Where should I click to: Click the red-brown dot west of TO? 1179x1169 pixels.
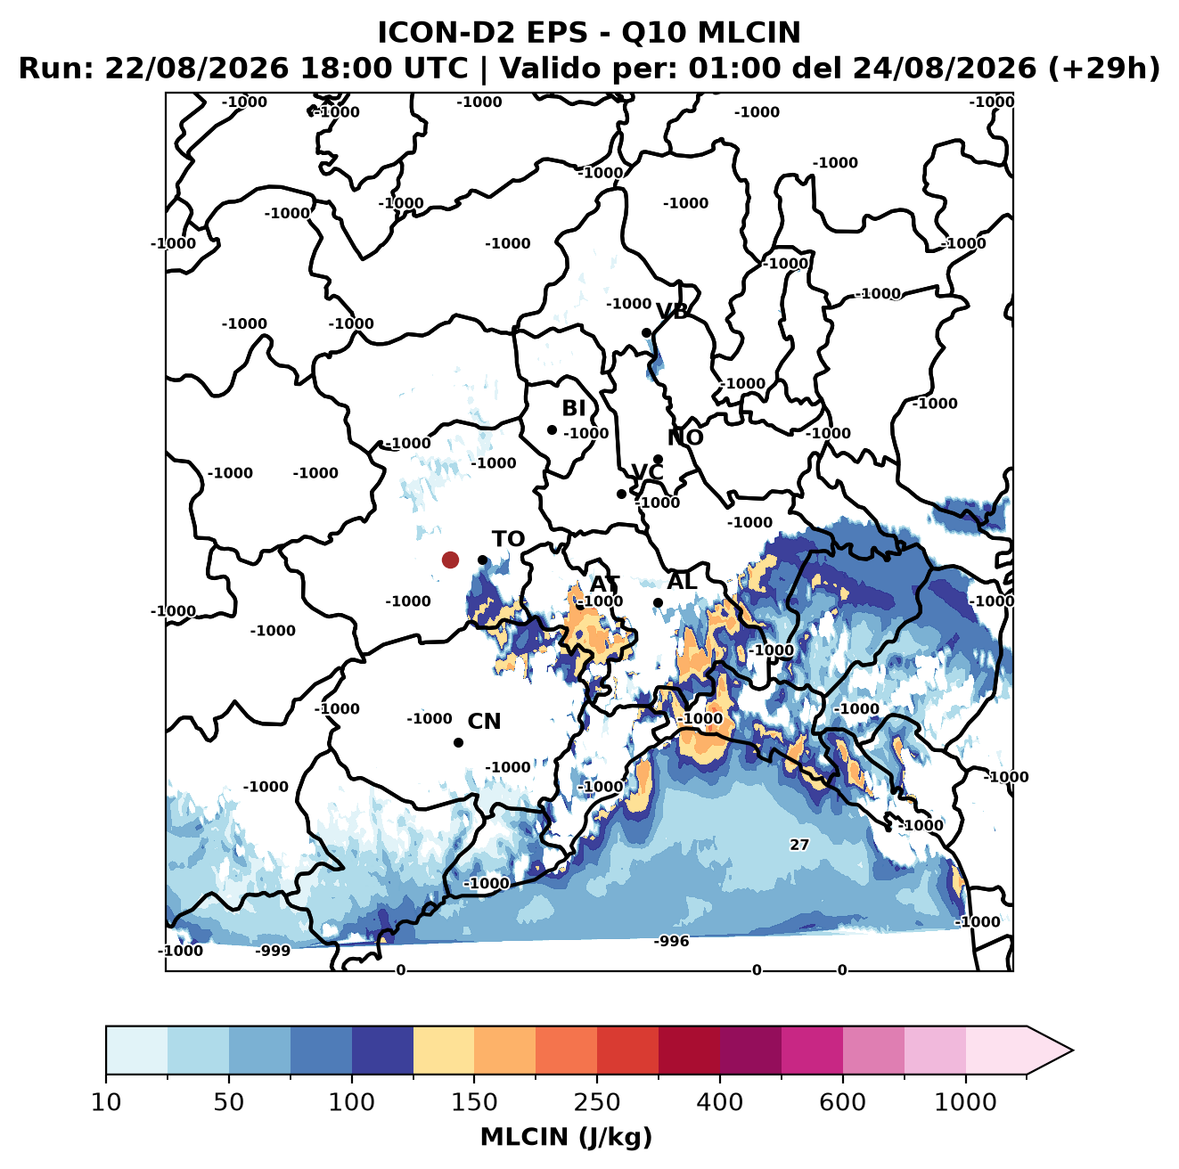(450, 560)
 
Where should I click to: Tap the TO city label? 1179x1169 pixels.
(509, 539)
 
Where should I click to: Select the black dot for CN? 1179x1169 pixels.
(458, 742)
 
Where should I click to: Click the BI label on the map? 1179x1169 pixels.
(573, 408)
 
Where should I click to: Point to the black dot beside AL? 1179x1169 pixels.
(658, 602)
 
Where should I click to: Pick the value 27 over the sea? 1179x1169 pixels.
(799, 845)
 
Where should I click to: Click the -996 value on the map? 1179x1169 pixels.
(671, 941)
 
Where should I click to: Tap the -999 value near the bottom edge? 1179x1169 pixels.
(273, 951)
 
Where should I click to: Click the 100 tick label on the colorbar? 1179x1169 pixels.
(352, 1102)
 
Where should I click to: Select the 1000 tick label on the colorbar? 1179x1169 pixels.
(965, 1102)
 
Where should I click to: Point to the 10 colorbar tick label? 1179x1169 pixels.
(106, 1102)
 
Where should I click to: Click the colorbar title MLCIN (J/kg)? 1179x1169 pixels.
(566, 1138)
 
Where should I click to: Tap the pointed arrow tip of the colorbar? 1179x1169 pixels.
(1072, 1050)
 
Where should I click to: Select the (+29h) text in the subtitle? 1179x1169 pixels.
(1104, 68)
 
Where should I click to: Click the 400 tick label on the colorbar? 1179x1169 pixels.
(719, 1102)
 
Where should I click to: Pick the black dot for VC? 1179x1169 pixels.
(622, 494)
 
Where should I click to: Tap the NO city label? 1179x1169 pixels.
(684, 437)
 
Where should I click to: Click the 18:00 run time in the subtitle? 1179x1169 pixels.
(337, 68)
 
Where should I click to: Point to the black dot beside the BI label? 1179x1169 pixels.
(552, 430)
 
